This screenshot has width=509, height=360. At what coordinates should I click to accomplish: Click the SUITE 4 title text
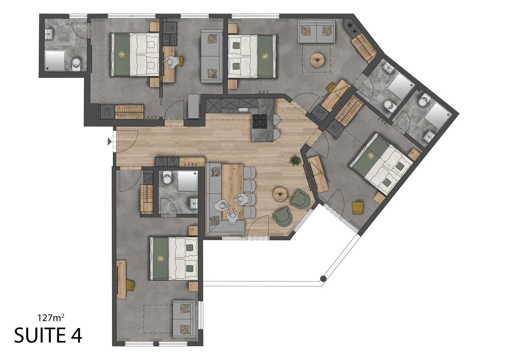48,335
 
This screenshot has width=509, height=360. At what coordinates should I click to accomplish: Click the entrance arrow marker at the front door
109,142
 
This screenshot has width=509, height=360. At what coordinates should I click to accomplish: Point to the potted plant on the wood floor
295,160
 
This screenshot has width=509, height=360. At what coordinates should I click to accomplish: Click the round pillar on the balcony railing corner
322,279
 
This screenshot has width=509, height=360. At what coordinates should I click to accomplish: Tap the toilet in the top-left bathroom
76,63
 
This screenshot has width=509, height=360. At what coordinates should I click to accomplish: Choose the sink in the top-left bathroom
49,34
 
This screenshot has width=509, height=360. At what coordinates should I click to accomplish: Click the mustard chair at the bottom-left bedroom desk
130,285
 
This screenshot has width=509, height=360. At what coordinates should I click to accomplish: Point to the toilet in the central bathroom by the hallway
167,177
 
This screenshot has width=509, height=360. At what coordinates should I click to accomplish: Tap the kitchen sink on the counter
243,110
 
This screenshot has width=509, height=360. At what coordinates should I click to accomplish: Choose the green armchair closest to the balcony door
282,216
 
